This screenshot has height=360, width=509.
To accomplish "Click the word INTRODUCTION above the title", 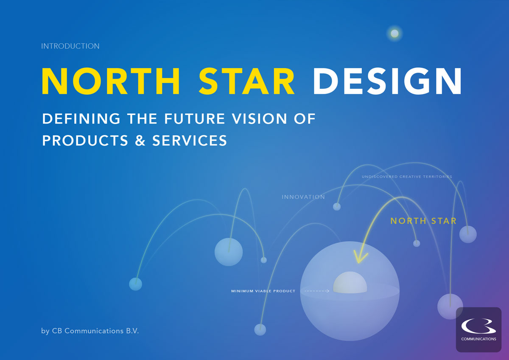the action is (x=70, y=46).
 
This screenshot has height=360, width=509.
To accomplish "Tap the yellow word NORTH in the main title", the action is (x=111, y=81).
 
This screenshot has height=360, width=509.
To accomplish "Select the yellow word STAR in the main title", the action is (x=247, y=81).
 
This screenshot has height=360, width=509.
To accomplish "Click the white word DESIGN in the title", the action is (x=387, y=81).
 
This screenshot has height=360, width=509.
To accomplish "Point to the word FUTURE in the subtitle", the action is (x=195, y=119).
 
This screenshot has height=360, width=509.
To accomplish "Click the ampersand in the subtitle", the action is (x=140, y=141).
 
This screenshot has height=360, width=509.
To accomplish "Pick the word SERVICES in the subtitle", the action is (x=190, y=141).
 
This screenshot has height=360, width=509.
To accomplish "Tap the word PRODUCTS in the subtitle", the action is (x=85, y=141).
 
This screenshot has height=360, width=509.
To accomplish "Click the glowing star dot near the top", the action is (x=394, y=34).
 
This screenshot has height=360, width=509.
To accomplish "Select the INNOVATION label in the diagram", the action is (x=303, y=197).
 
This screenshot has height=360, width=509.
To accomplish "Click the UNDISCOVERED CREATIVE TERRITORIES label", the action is (x=407, y=177).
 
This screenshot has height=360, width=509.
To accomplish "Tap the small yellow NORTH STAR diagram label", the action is (x=423, y=221).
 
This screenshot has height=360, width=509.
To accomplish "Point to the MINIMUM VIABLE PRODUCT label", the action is (x=263, y=291).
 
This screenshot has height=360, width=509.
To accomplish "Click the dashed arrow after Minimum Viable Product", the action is (x=317, y=291).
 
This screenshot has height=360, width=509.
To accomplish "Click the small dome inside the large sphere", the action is (x=350, y=282).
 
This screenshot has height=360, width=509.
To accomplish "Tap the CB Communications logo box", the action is (x=478, y=329).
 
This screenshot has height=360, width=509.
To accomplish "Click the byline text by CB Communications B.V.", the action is (x=90, y=331).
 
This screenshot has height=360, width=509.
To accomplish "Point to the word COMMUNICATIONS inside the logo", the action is (x=478, y=339).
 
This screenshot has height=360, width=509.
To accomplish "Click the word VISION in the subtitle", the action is (x=260, y=119).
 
